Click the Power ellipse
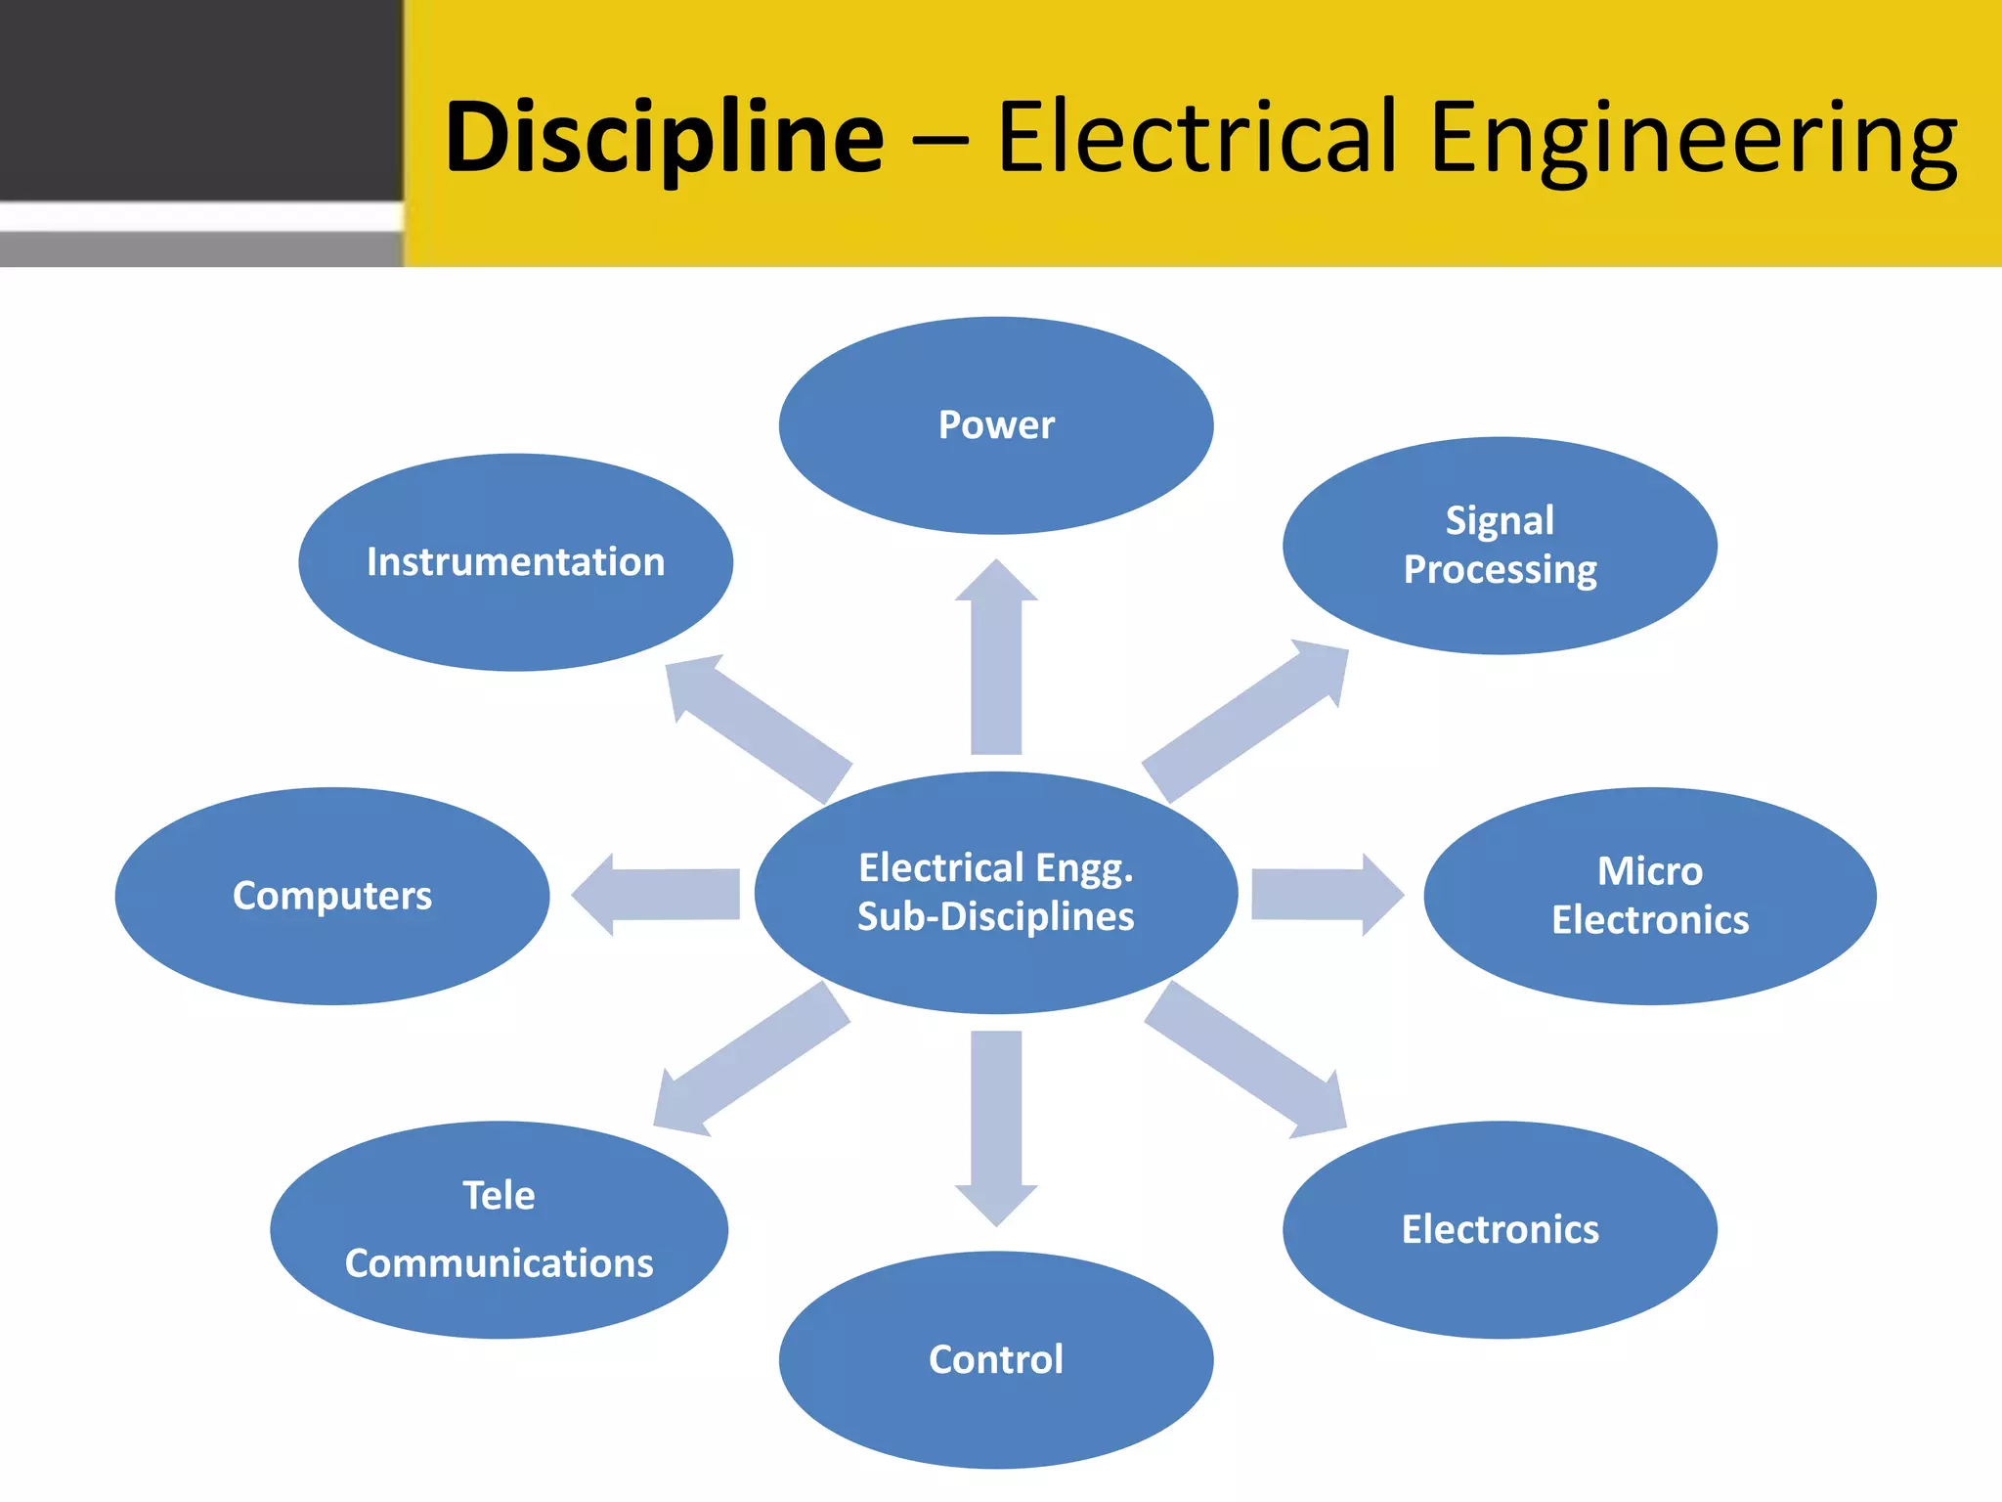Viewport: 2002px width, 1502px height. (996, 425)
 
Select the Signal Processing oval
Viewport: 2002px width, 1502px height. (1500, 546)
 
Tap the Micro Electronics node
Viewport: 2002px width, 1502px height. (1649, 896)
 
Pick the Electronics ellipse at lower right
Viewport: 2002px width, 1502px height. (1500, 1229)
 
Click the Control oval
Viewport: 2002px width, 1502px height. (996, 1359)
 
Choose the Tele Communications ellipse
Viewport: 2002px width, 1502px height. (499, 1229)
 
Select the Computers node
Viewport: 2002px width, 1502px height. (332, 896)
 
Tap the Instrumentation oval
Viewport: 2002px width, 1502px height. (515, 562)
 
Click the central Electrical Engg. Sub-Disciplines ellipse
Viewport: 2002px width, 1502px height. (996, 892)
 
